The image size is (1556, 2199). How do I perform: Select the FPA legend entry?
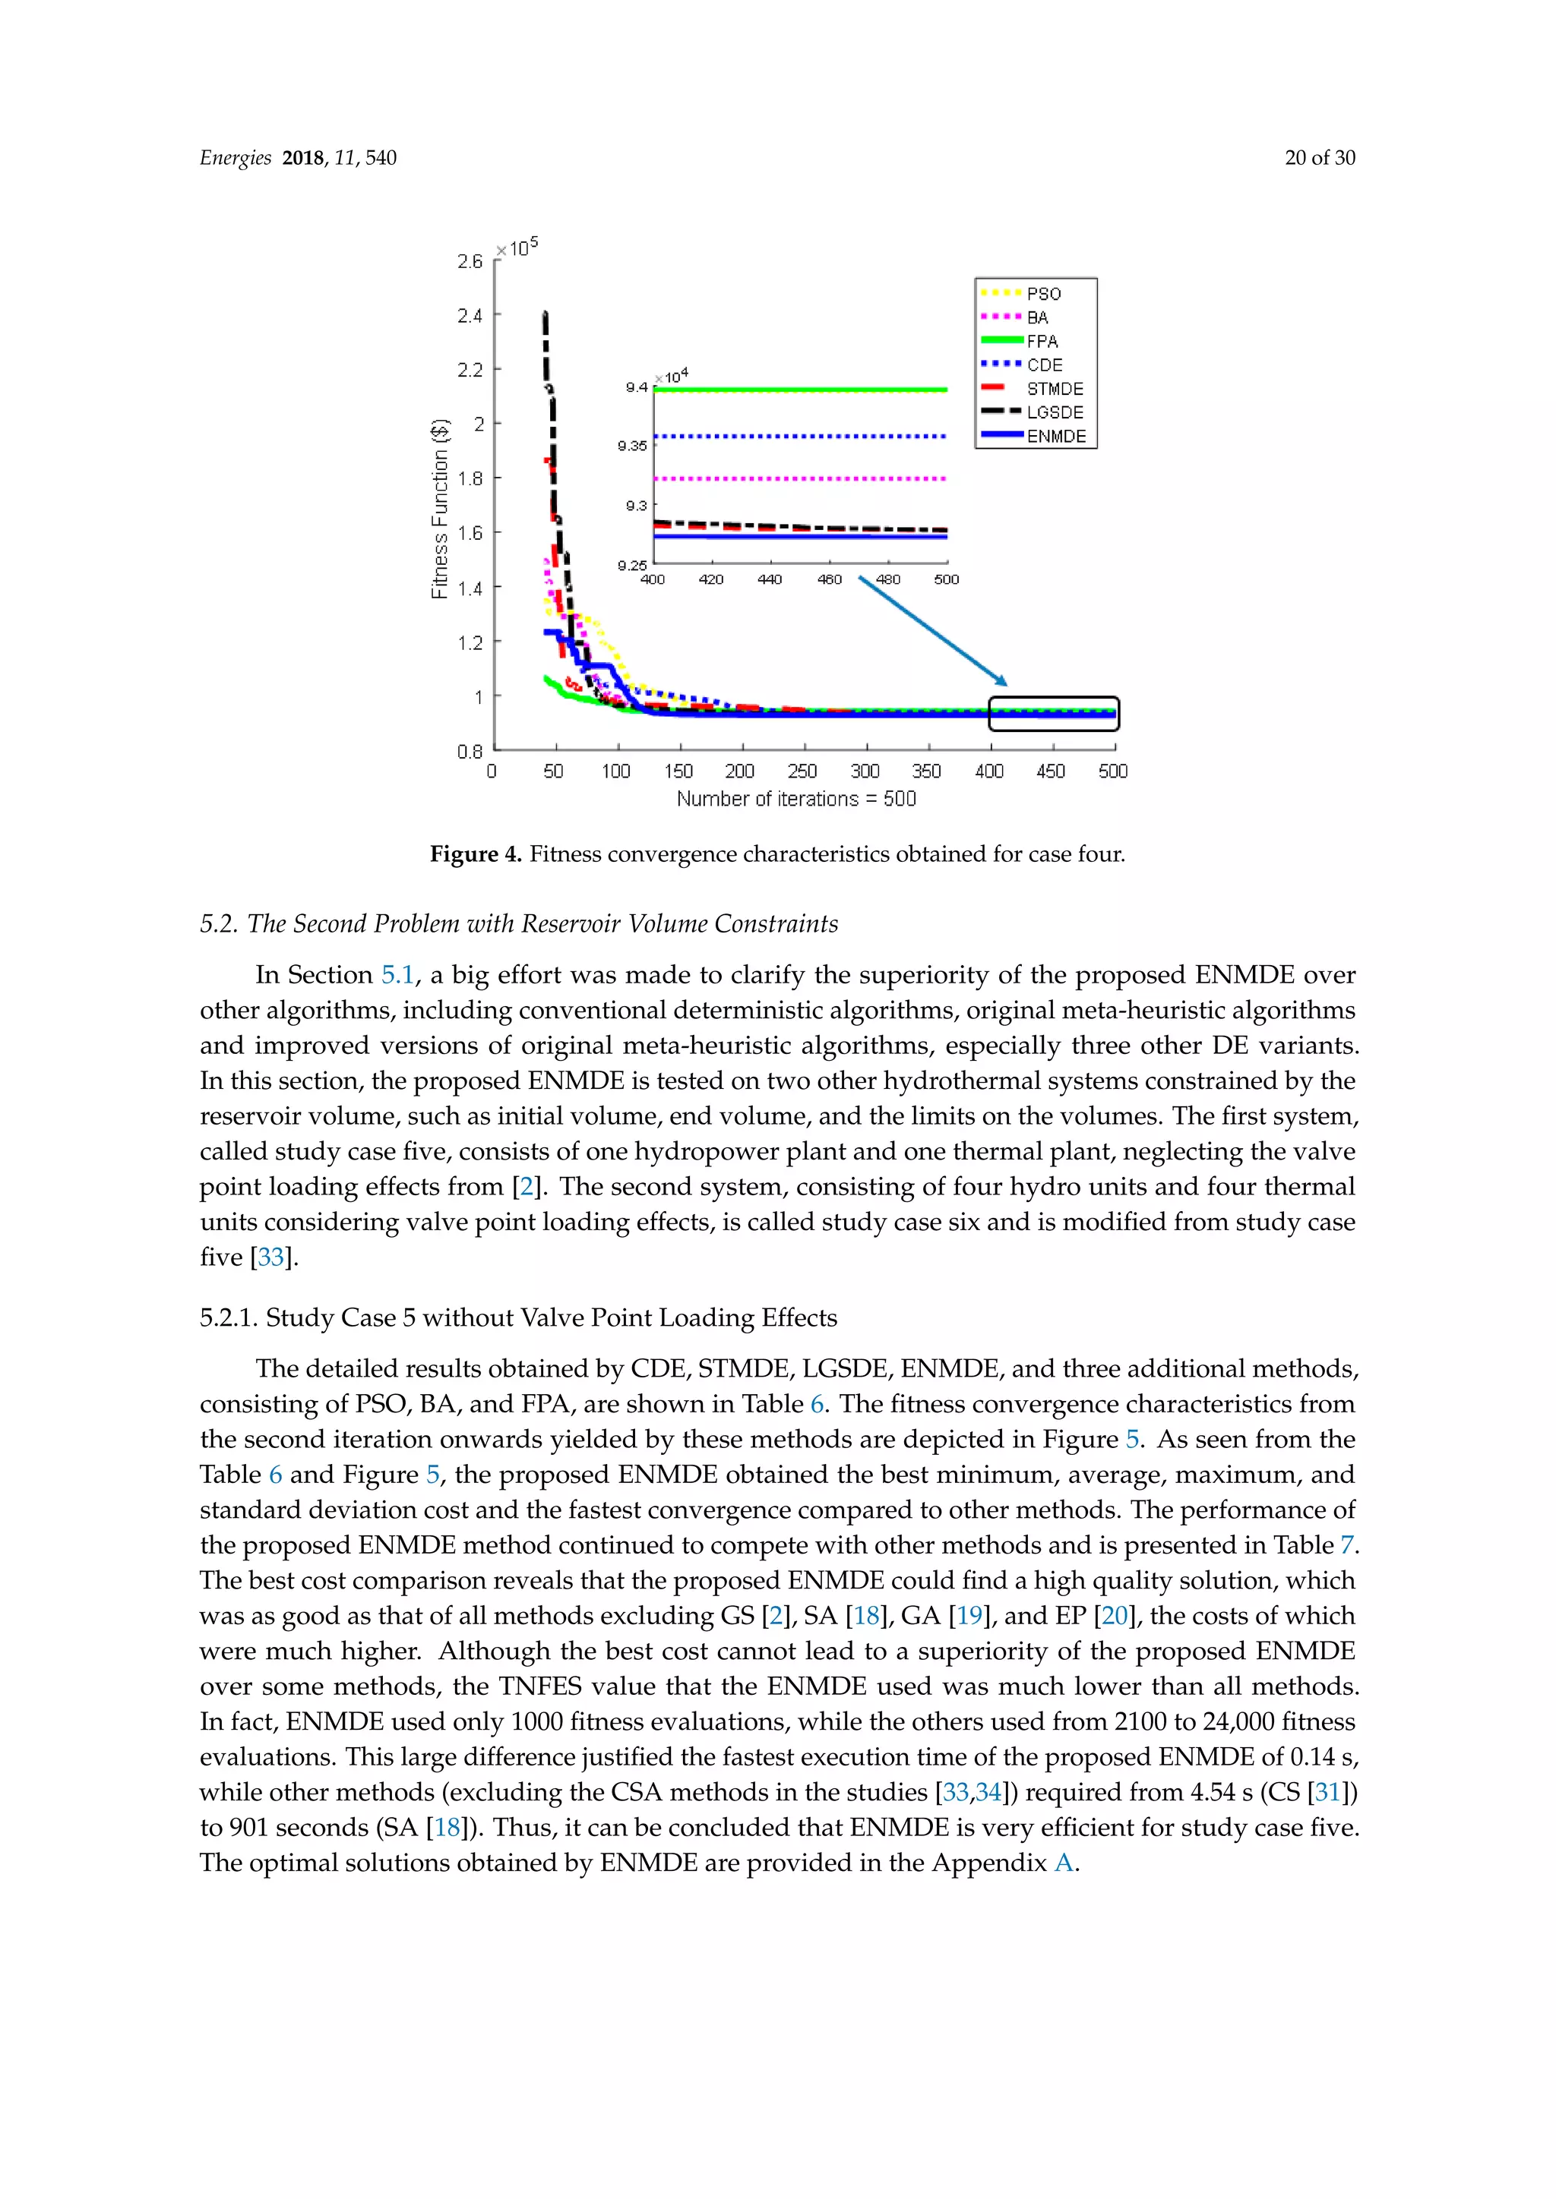(x=1042, y=342)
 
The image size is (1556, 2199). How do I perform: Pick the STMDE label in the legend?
(x=1055, y=389)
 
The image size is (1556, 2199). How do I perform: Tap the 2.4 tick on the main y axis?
(x=470, y=316)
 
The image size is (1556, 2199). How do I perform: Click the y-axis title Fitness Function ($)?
(x=440, y=509)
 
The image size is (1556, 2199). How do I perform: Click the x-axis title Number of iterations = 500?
(x=795, y=800)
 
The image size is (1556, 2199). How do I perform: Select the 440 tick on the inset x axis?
(x=770, y=579)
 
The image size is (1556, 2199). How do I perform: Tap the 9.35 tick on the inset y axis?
(x=631, y=446)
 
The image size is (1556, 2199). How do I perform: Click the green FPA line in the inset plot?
(x=800, y=390)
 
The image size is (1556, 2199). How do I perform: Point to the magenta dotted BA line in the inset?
(x=800, y=478)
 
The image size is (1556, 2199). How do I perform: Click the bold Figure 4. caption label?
(x=475, y=854)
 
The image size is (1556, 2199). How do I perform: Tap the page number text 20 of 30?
(x=1320, y=158)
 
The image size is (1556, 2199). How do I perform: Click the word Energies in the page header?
(x=236, y=158)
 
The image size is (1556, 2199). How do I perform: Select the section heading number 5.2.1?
(x=228, y=1318)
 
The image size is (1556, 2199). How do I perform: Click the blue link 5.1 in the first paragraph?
(x=397, y=975)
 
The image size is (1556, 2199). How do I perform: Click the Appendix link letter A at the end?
(x=1064, y=1863)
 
